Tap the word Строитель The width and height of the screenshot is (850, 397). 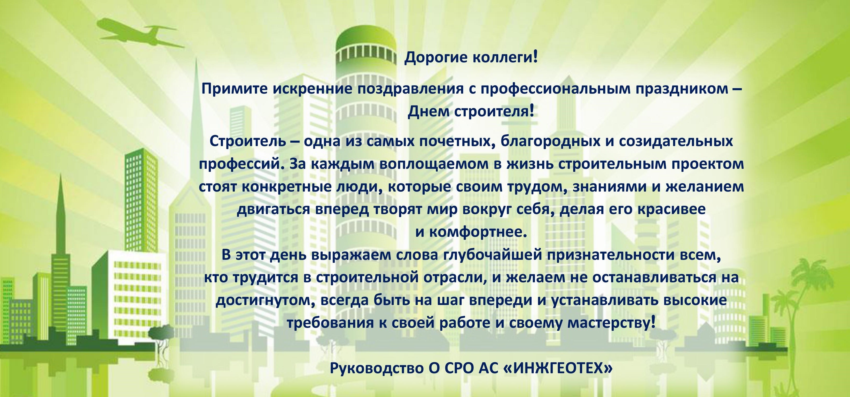click(x=248, y=141)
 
